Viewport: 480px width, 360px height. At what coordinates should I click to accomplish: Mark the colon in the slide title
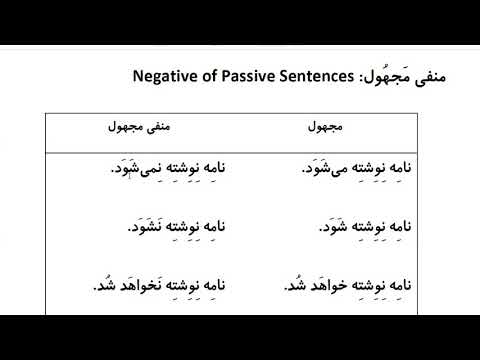point(357,77)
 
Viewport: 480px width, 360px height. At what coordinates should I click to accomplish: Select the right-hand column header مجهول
point(323,129)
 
